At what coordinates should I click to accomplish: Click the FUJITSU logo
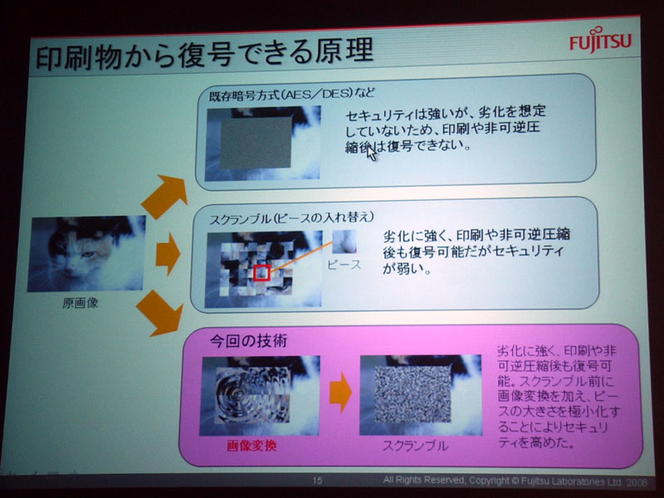pyautogui.click(x=600, y=40)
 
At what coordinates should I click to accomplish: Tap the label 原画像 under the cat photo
pyautogui.click(x=81, y=303)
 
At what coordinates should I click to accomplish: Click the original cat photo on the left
pyautogui.click(x=87, y=253)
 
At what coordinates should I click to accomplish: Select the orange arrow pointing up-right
pyautogui.click(x=165, y=196)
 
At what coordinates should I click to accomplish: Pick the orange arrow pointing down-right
pyautogui.click(x=160, y=313)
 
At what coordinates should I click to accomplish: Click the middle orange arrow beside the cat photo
pyautogui.click(x=168, y=254)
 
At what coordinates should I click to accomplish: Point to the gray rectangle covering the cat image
pyautogui.click(x=256, y=143)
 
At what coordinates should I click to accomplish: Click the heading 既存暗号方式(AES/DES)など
pyautogui.click(x=292, y=94)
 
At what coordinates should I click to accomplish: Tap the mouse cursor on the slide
pyautogui.click(x=371, y=153)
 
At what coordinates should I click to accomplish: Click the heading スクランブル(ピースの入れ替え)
pyautogui.click(x=292, y=218)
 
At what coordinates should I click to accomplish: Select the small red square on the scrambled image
pyautogui.click(x=262, y=272)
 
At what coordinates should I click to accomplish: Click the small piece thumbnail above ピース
pyautogui.click(x=344, y=242)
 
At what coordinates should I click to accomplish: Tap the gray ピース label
pyautogui.click(x=344, y=265)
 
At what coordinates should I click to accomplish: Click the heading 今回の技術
pyautogui.click(x=248, y=340)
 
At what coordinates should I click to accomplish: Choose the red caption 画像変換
pyautogui.click(x=252, y=446)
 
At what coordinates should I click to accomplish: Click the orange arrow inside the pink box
pyautogui.click(x=340, y=393)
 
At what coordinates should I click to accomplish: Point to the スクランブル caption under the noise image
pyautogui.click(x=416, y=446)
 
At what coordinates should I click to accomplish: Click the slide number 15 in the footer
pyautogui.click(x=317, y=481)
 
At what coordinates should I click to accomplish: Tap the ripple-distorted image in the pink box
pyautogui.click(x=260, y=396)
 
